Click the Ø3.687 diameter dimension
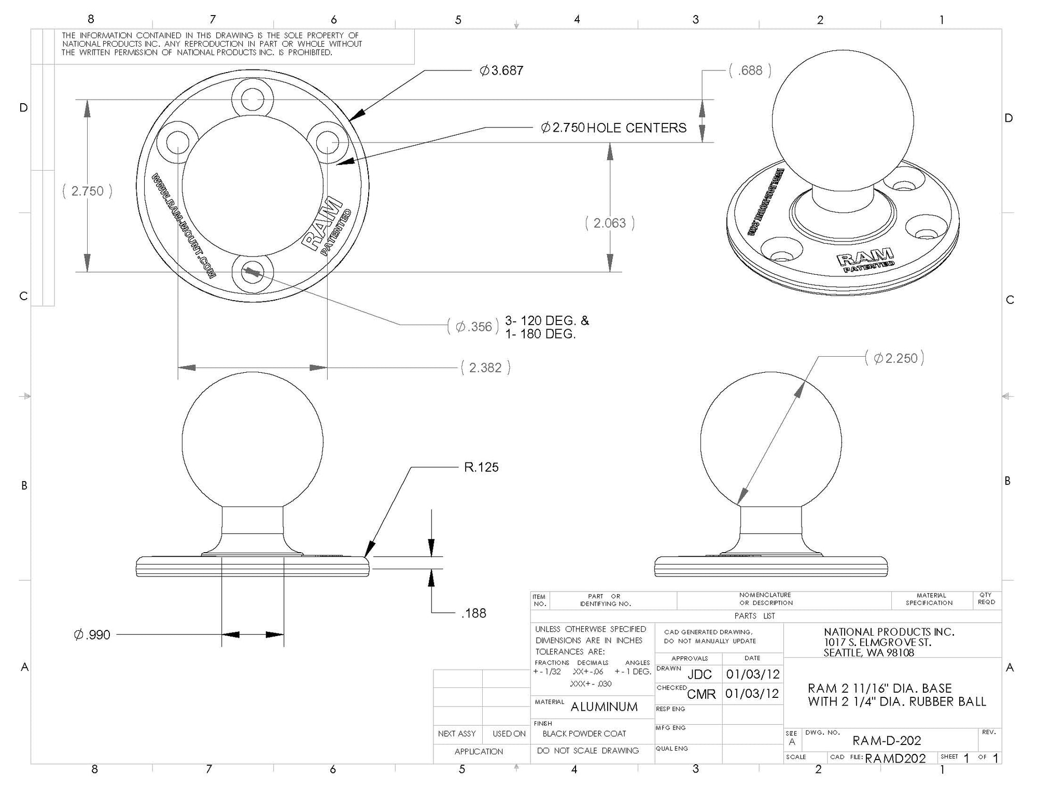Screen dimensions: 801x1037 pyautogui.click(x=501, y=71)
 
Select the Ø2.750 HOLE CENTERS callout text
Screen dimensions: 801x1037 pyautogui.click(x=613, y=128)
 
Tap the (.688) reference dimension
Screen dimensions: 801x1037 pyautogui.click(x=750, y=71)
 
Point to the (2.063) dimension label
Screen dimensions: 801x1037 pyautogui.click(x=610, y=223)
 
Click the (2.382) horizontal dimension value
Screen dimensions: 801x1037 pyautogui.click(x=485, y=368)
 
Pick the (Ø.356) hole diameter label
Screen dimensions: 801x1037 pyautogui.click(x=473, y=327)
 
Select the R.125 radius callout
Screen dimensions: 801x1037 pyautogui.click(x=481, y=468)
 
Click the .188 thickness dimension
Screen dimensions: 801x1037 pyautogui.click(x=473, y=614)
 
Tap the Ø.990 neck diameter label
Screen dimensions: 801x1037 pyautogui.click(x=92, y=635)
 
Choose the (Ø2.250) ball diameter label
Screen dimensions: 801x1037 pyautogui.click(x=895, y=359)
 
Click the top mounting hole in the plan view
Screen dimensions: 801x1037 pyautogui.click(x=253, y=99)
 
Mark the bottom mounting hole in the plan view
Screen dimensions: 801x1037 pyautogui.click(x=253, y=271)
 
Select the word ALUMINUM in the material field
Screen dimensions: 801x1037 pyautogui.click(x=604, y=707)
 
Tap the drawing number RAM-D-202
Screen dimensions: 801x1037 pyautogui.click(x=887, y=741)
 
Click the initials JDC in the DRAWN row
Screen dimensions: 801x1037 pyautogui.click(x=699, y=674)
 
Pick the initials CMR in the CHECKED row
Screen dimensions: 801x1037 pyautogui.click(x=701, y=694)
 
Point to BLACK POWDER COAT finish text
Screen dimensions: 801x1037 pyautogui.click(x=584, y=734)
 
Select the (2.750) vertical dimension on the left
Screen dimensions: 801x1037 pyautogui.click(x=87, y=191)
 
